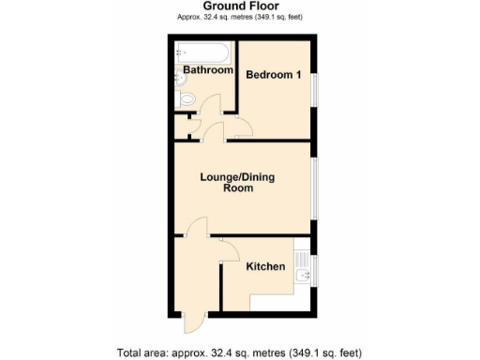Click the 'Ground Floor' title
click(239, 7)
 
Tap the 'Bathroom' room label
click(207, 70)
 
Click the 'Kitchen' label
click(265, 267)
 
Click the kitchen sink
click(302, 274)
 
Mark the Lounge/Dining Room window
click(315, 187)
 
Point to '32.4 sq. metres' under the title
click(222, 18)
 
